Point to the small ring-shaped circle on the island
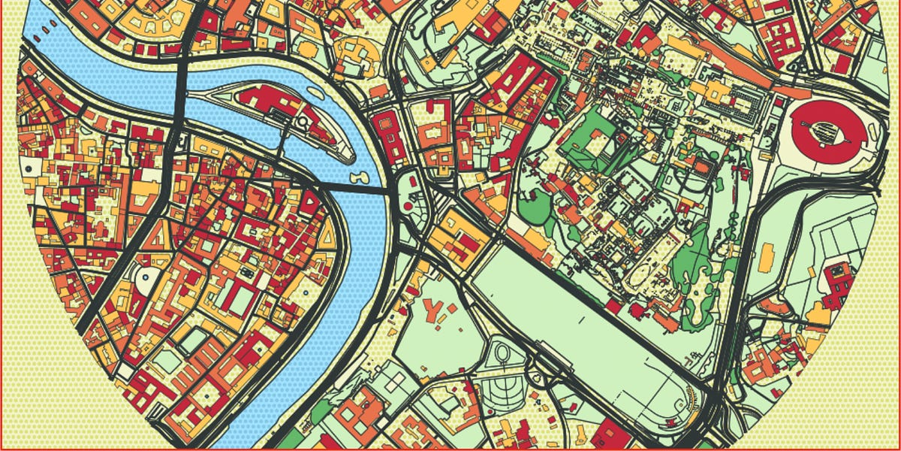(x=305, y=121)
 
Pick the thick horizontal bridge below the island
(x=353, y=189)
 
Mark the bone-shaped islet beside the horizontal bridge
(x=357, y=177)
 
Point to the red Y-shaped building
(x=434, y=310)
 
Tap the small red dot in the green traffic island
(x=408, y=204)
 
